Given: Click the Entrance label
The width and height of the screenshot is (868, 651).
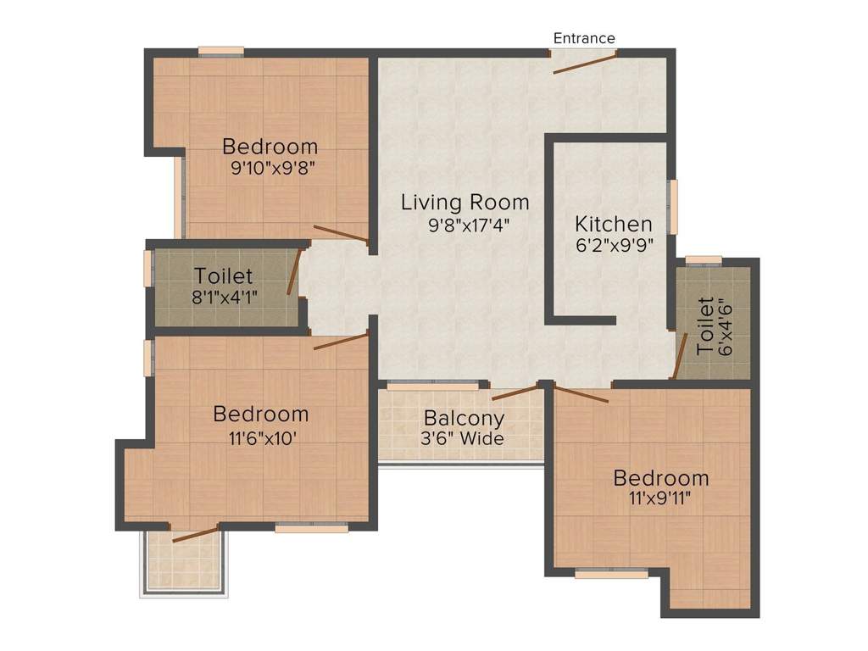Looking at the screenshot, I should coord(584,38).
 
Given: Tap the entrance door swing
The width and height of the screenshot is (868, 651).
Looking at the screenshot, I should coord(585,62).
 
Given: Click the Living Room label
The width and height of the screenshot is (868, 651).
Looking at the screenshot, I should coord(465,203).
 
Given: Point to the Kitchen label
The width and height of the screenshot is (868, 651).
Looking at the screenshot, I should coord(614,225).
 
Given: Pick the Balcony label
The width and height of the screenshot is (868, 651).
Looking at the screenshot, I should coord(464,418).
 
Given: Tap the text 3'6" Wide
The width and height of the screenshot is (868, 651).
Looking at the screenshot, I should coord(464,438).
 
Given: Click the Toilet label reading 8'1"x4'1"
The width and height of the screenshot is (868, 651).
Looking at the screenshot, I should coord(223,276).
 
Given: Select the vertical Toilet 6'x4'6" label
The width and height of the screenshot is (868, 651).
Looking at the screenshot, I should coord(705,326).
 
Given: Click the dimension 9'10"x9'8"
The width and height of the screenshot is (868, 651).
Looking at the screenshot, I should coord(269,168).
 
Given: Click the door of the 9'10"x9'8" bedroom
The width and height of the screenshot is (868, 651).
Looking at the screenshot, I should coord(340,234).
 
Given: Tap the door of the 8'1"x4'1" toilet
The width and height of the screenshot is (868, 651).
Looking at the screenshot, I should coord(293,273).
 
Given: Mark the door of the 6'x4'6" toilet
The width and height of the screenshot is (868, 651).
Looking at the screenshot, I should coord(680,356).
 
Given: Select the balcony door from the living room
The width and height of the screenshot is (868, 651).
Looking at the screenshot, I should coord(515,392).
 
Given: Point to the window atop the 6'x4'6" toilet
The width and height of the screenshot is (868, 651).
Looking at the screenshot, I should coord(704,259).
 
